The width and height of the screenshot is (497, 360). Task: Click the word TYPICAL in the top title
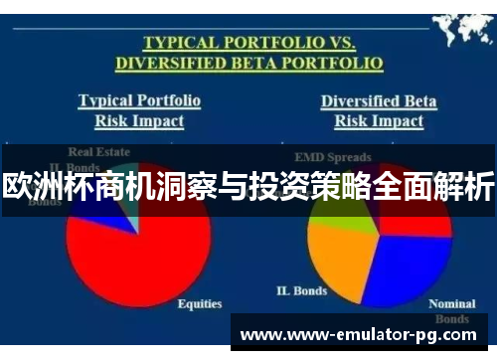click(181, 43)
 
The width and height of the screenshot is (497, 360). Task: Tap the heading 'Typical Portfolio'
click(139, 100)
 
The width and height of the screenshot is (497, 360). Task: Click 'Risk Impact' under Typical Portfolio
click(139, 121)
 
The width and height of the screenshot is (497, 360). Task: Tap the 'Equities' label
click(199, 303)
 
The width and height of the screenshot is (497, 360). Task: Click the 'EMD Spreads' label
click(331, 156)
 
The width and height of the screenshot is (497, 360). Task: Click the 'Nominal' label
click(450, 303)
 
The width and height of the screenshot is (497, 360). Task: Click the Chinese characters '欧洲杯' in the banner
click(45, 186)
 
